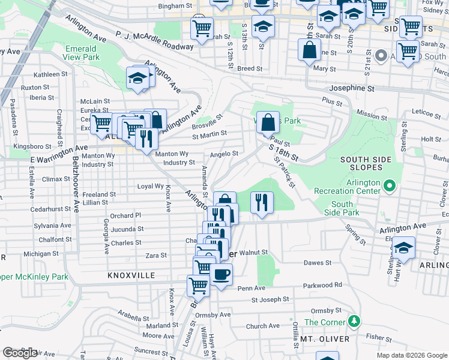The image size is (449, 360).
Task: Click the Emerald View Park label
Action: pos(81,53)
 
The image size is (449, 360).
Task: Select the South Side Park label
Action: pos(342,208)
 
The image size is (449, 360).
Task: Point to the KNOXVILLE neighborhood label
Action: pos(131,275)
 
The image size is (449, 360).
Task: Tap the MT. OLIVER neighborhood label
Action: pos(325,339)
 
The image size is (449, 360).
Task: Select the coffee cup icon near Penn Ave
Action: pos(221,274)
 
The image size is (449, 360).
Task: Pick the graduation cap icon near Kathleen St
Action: pos(137,77)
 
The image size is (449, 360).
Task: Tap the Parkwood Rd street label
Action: pos(322,285)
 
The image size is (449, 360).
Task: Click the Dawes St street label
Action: pos(318,263)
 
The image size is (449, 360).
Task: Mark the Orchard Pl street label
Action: pos(125,215)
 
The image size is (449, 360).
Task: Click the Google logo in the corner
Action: pos(20,353)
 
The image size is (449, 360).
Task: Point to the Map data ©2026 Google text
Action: pos(412,355)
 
